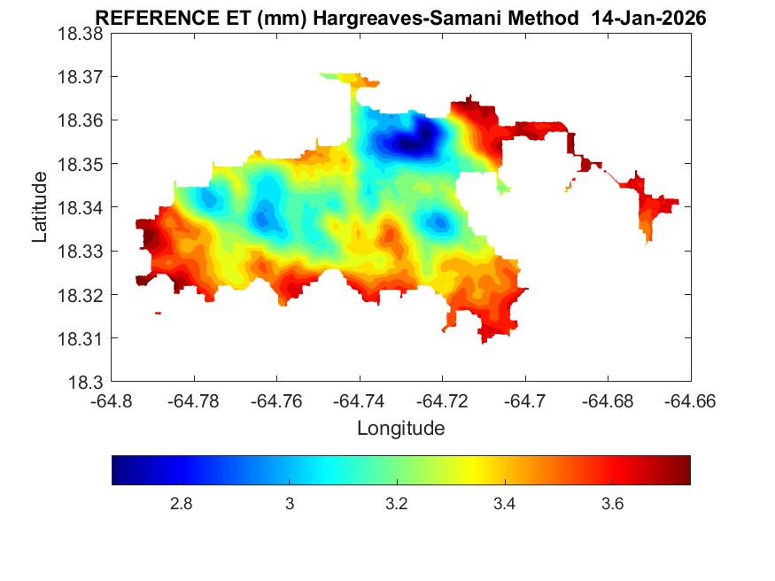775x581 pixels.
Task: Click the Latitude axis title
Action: (x=40, y=207)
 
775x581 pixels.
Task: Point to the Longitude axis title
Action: (x=400, y=429)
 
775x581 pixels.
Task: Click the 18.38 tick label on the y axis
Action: (x=81, y=34)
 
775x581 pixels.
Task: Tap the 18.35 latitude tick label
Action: (x=81, y=164)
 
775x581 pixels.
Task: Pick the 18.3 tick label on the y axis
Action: (x=87, y=383)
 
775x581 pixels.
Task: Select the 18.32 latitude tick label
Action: (x=81, y=295)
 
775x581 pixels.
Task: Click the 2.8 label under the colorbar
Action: (x=182, y=504)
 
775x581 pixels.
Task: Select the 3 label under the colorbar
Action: (x=289, y=504)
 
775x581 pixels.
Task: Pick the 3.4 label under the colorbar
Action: (x=504, y=504)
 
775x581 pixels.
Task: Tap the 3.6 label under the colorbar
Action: (x=612, y=504)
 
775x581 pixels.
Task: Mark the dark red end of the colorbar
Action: (x=685, y=470)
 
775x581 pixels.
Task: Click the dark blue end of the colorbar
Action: (x=118, y=470)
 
